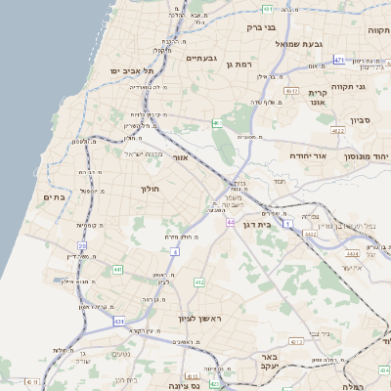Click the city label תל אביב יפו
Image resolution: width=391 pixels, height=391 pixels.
134,71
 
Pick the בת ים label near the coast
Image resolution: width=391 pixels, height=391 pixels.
55,197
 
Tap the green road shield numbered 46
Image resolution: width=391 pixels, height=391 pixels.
216,123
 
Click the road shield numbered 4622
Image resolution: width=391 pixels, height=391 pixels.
338,130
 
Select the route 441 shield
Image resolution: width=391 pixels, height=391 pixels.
117,269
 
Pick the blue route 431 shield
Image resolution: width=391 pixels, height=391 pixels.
119,320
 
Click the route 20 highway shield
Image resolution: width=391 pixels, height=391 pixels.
82,245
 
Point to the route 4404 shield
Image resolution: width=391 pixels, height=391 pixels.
350,253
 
